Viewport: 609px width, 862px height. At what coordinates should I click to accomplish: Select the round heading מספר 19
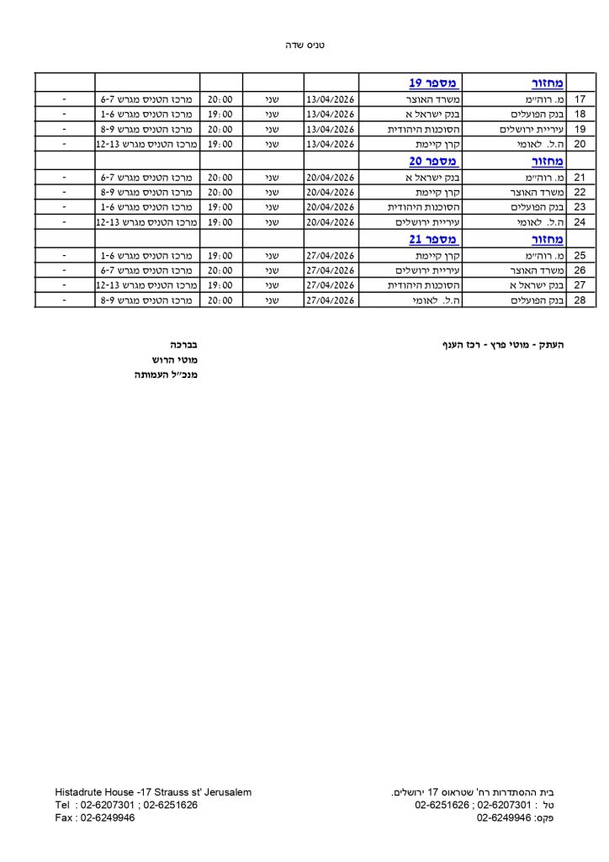click(x=433, y=82)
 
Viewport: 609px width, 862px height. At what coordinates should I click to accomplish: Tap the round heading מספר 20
click(x=433, y=161)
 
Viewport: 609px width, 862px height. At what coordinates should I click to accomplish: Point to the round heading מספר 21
click(x=433, y=239)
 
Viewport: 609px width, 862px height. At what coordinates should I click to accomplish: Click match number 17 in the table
click(x=580, y=98)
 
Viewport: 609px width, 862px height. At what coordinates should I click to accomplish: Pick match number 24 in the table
click(x=580, y=222)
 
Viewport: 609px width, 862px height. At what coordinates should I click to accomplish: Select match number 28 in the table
click(x=580, y=301)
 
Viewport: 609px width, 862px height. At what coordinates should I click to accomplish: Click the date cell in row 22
click(x=331, y=192)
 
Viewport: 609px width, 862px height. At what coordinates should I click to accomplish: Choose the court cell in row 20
click(x=145, y=145)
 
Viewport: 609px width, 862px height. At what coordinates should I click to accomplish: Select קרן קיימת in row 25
click(x=438, y=254)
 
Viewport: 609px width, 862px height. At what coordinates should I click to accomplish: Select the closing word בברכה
click(x=183, y=344)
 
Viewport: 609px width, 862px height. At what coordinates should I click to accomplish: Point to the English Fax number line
click(x=94, y=817)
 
